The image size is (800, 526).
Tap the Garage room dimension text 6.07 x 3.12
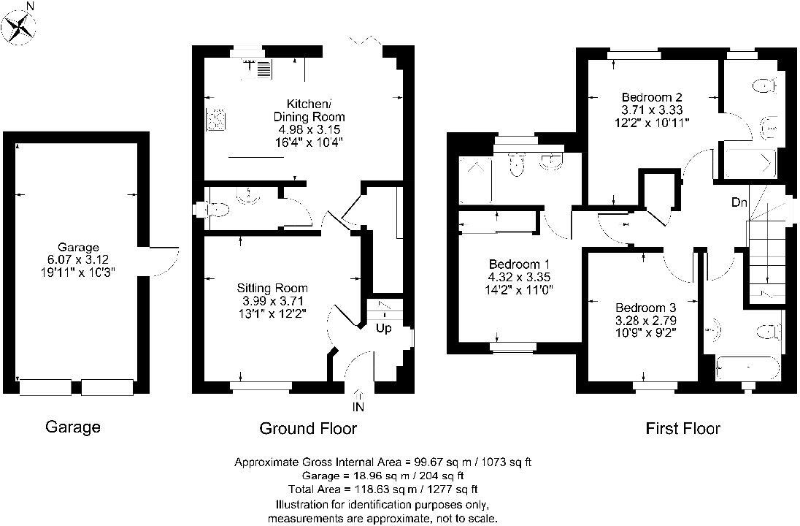coord(78,259)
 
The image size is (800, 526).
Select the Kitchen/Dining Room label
coord(309,110)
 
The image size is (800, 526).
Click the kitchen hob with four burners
coord(215,119)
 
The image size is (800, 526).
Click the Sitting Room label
coord(272,288)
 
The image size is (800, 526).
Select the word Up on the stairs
coord(384,328)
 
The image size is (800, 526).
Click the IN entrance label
coord(358,407)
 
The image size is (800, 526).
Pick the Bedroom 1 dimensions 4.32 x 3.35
coord(520,278)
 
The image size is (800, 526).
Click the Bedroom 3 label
coord(646,308)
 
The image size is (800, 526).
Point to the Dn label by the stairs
coord(739,203)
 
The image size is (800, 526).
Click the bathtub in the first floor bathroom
coord(748,368)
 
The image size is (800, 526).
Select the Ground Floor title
coord(308,428)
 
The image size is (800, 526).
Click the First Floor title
coord(683,428)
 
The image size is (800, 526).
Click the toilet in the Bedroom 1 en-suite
coord(516,164)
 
